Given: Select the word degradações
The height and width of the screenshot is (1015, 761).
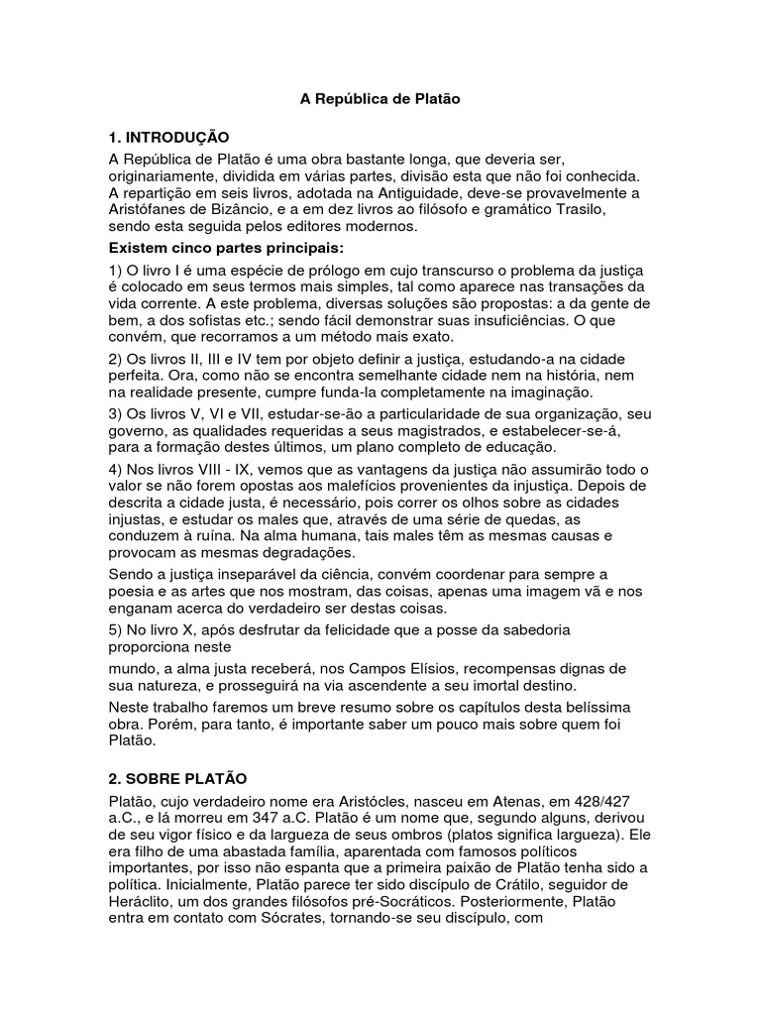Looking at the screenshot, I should [304, 551].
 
